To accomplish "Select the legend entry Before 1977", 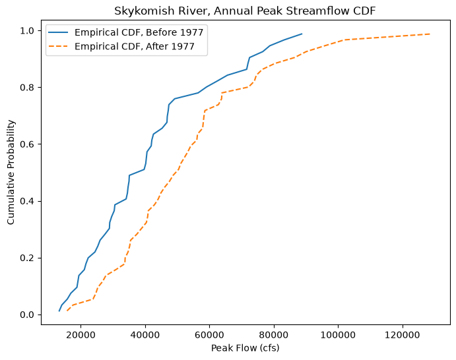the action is (x=125, y=32).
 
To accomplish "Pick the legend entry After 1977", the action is (x=121, y=46).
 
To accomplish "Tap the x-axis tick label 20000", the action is (x=81, y=335).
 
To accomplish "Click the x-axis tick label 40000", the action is (x=145, y=335).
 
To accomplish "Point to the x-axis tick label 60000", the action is (x=209, y=335).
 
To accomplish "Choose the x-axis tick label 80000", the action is (x=274, y=335).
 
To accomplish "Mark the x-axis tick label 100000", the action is (x=338, y=335).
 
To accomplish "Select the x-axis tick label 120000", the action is (x=403, y=335).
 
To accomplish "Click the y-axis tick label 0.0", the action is (x=27, y=315).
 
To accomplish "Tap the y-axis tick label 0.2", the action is (x=27, y=258).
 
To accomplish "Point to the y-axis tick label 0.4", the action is (x=27, y=201).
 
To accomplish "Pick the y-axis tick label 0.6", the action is (x=27, y=144).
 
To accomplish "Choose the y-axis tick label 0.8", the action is (x=27, y=88).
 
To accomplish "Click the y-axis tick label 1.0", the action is (x=27, y=30).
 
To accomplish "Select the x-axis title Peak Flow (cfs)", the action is (x=245, y=348).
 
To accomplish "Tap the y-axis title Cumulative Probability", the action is (x=11, y=172).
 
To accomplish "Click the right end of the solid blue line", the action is (x=302, y=34).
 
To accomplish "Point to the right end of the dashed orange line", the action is (x=430, y=34).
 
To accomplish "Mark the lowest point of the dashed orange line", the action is (x=67, y=311).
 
